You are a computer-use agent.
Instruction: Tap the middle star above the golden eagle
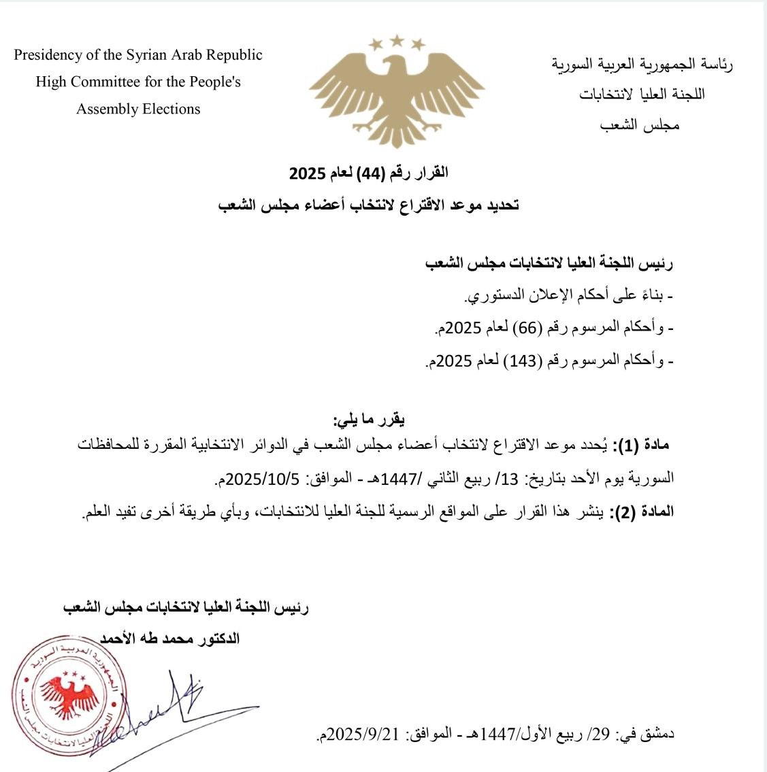396,40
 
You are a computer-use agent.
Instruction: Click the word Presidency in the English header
47,55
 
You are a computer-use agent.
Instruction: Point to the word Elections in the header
167,110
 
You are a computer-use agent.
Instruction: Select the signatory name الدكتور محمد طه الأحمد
169,639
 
